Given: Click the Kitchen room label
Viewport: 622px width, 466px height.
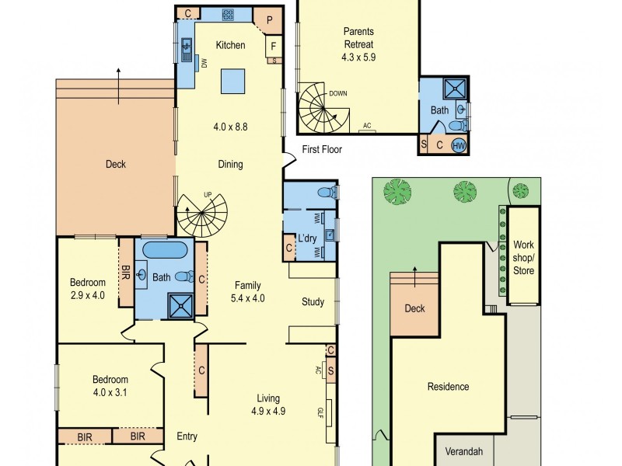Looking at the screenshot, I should tap(230, 45).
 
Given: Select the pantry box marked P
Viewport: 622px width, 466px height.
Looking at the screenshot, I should tap(269, 21).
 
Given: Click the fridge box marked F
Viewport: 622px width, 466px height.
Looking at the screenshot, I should tap(273, 47).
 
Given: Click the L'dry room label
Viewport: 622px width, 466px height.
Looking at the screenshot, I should tap(307, 239).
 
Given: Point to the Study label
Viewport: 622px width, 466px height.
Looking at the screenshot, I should tap(313, 301).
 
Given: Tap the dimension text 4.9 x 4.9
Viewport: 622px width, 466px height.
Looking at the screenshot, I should tap(268, 412).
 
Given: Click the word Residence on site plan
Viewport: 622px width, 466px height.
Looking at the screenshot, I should tap(448, 386).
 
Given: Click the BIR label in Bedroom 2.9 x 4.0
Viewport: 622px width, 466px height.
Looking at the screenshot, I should tap(126, 272).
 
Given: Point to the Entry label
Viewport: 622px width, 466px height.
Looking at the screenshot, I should tap(187, 436).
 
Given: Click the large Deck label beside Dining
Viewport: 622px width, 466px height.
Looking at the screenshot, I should tap(115, 164).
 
